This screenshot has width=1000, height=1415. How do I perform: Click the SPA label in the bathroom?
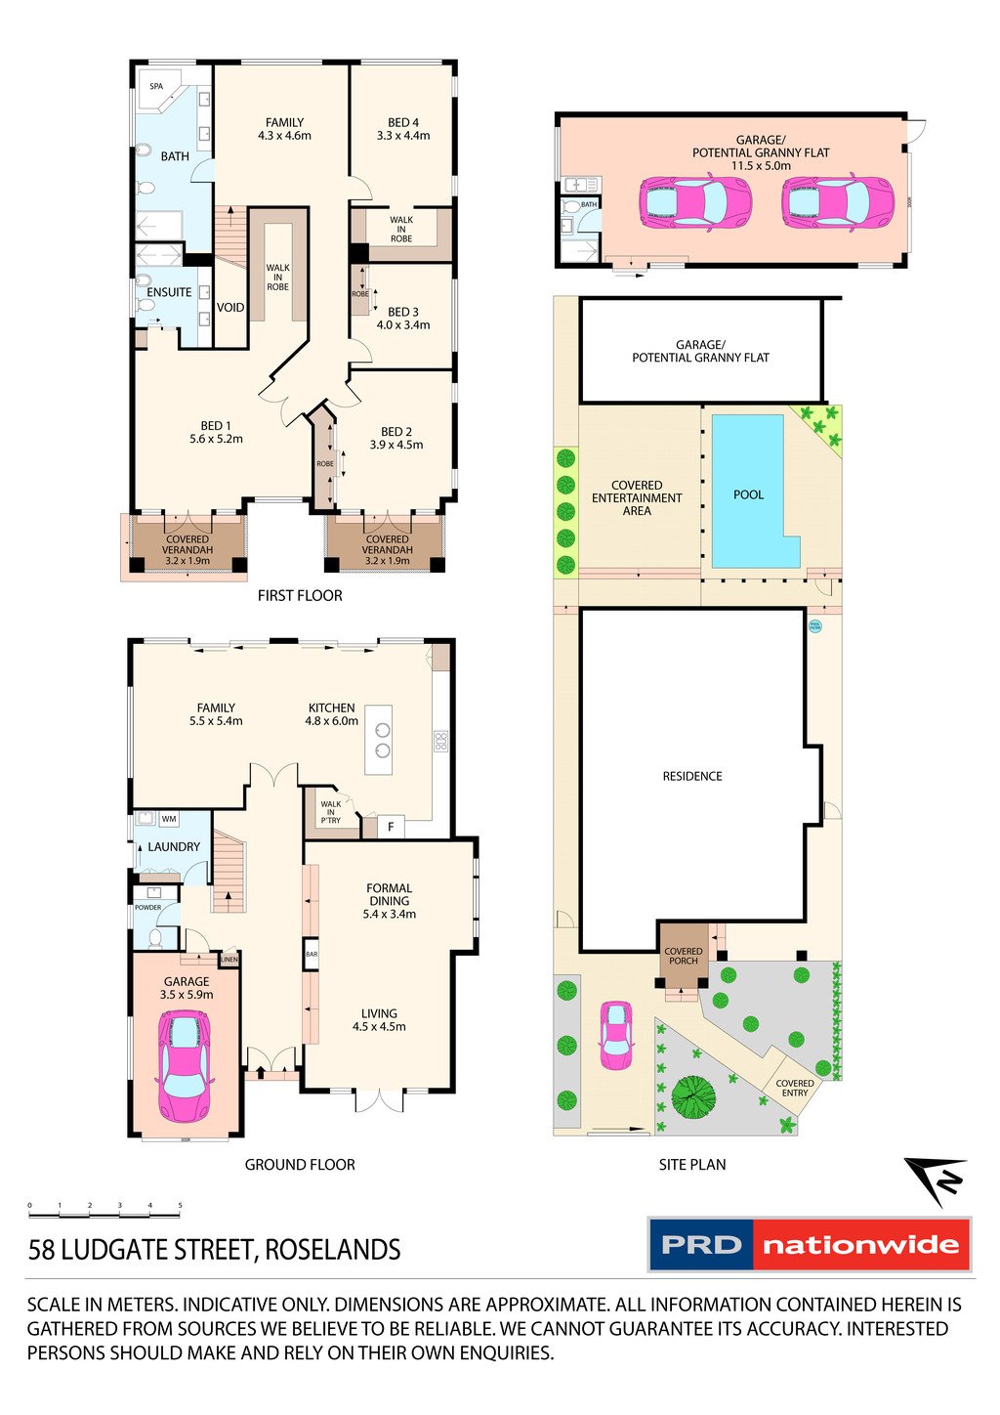click(x=156, y=87)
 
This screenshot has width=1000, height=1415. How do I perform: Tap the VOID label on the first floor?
click(x=230, y=307)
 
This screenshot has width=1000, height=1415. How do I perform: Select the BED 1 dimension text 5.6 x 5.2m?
click(x=216, y=439)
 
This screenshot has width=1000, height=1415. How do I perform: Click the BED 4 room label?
click(x=402, y=123)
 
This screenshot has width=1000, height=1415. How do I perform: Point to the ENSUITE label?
click(x=169, y=292)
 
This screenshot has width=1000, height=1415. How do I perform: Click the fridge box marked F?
click(x=391, y=827)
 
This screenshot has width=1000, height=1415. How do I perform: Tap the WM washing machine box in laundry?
click(x=169, y=819)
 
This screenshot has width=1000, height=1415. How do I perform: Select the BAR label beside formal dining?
click(x=312, y=954)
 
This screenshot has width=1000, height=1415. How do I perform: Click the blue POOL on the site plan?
click(x=748, y=493)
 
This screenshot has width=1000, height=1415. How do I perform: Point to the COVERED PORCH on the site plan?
click(x=683, y=956)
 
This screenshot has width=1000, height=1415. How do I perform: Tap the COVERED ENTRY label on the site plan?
click(x=794, y=1088)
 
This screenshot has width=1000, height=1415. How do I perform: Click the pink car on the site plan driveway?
click(x=615, y=1036)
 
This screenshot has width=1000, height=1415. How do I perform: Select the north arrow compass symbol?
click(x=937, y=1179)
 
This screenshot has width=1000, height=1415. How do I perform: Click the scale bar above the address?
click(x=104, y=1214)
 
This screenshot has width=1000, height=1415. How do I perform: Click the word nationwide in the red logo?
click(x=860, y=1245)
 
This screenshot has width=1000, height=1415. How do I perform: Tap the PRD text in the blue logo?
click(x=701, y=1245)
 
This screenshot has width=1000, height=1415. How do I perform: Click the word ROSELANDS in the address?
click(x=333, y=1250)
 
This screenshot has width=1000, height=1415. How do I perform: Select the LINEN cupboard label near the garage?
click(x=229, y=959)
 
